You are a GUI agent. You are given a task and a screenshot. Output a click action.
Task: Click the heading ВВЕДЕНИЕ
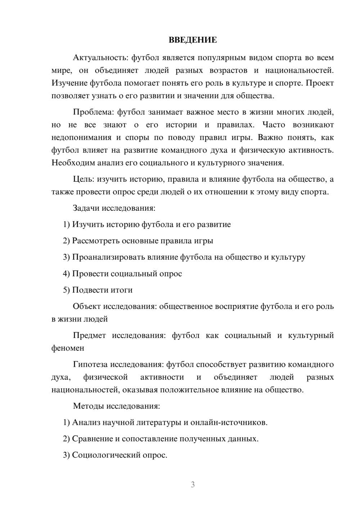pos(193,40)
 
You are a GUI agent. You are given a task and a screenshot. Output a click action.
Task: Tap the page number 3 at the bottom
pos(193,485)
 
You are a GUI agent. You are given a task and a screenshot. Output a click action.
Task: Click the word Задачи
pos(86,208)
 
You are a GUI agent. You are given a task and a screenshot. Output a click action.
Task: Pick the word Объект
pos(86,306)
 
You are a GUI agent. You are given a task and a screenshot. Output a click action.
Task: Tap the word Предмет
pos(89,335)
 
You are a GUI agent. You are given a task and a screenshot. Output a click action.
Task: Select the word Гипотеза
pos(90,365)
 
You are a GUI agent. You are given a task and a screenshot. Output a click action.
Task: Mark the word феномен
pos(68,348)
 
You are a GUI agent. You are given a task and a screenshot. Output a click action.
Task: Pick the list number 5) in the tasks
pos(66,290)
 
